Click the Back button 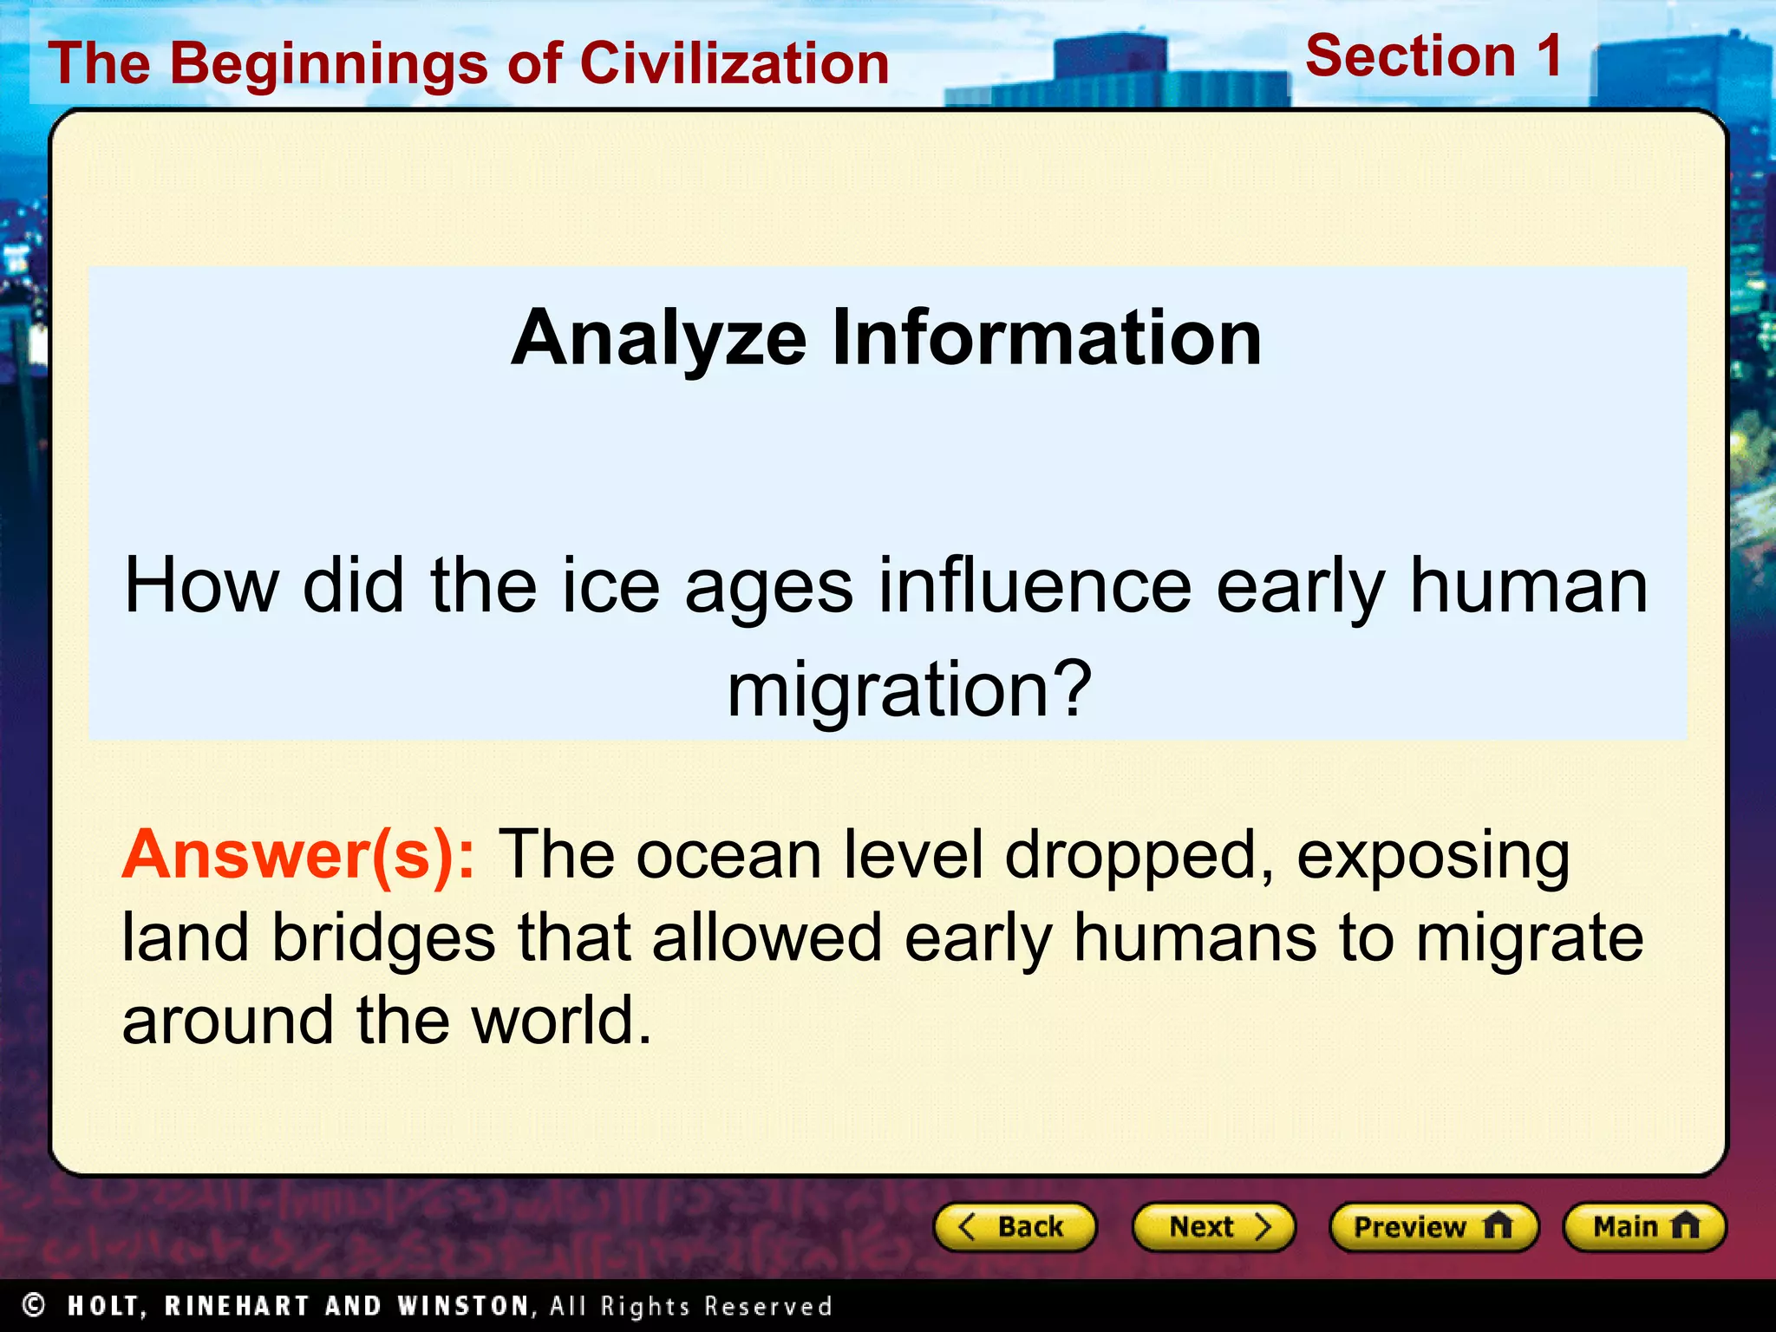[x=1015, y=1227]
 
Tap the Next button [x=1213, y=1227]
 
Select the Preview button [x=1433, y=1227]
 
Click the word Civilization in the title [x=735, y=63]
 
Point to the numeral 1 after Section [x=1549, y=55]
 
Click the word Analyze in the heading [x=658, y=338]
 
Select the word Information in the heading [x=1047, y=338]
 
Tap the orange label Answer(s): [x=298, y=855]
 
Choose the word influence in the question [x=1035, y=586]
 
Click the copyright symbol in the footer [x=34, y=1304]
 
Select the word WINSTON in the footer [x=463, y=1306]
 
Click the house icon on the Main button [x=1685, y=1226]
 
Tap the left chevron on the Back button [x=968, y=1227]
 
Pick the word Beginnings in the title [x=329, y=65]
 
